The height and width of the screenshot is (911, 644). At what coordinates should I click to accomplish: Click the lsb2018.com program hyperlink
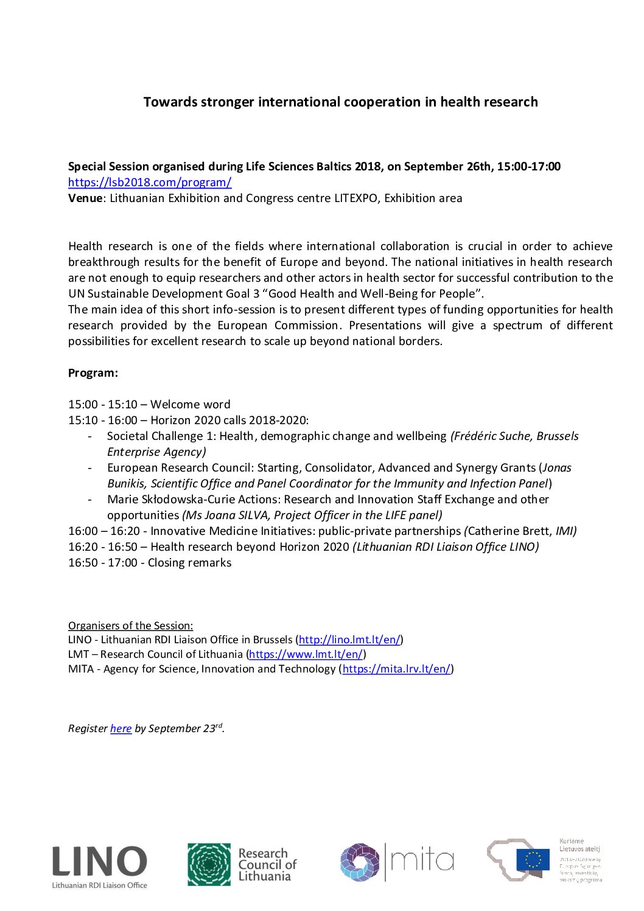pyautogui.click(x=150, y=183)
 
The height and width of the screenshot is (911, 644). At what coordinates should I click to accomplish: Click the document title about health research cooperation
pyautogui.click(x=340, y=102)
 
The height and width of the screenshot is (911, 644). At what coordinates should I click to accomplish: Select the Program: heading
pyautogui.click(x=93, y=373)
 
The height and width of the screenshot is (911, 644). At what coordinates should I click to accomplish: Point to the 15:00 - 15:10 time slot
pyautogui.click(x=103, y=405)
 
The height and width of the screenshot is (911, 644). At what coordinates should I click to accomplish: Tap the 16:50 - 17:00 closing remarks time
pyautogui.click(x=103, y=563)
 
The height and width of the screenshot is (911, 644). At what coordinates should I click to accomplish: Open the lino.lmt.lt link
pyautogui.click(x=349, y=640)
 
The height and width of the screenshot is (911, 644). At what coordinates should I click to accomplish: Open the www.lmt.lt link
pyautogui.click(x=306, y=655)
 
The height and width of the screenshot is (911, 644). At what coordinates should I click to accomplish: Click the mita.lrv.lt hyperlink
pyautogui.click(x=396, y=669)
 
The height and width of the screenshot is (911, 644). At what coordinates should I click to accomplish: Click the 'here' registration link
pyautogui.click(x=121, y=729)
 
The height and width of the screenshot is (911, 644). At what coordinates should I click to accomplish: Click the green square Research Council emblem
pyautogui.click(x=209, y=864)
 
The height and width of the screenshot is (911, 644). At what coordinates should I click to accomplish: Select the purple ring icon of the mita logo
pyautogui.click(x=359, y=862)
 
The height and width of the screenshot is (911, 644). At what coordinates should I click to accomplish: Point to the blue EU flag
pyautogui.click(x=533, y=860)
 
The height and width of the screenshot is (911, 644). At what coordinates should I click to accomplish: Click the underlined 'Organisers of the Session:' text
pyautogui.click(x=130, y=626)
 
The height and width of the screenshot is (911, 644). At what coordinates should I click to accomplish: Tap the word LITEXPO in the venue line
pyautogui.click(x=355, y=198)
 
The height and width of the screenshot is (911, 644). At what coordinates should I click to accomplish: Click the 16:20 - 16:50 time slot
pyautogui.click(x=103, y=547)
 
